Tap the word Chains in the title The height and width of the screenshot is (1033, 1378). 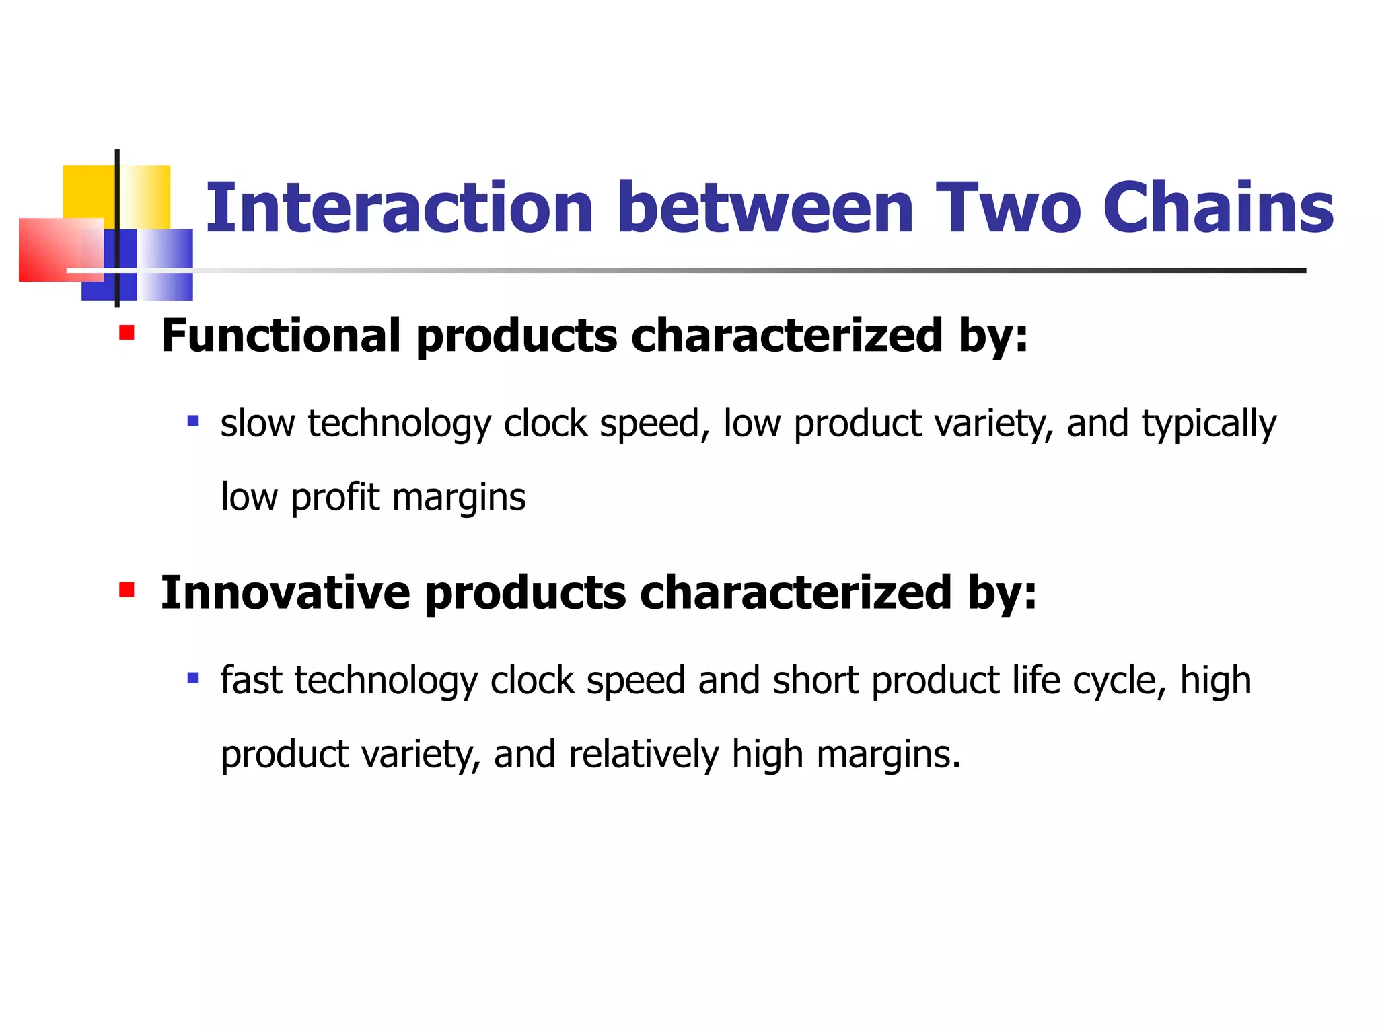(x=1218, y=208)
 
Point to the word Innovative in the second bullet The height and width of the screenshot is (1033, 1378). (x=285, y=592)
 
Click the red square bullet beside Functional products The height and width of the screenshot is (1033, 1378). (x=126, y=332)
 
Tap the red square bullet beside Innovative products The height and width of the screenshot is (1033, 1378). (x=126, y=590)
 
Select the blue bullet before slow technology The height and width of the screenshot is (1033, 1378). (x=193, y=422)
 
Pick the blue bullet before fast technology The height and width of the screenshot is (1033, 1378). (x=193, y=678)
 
